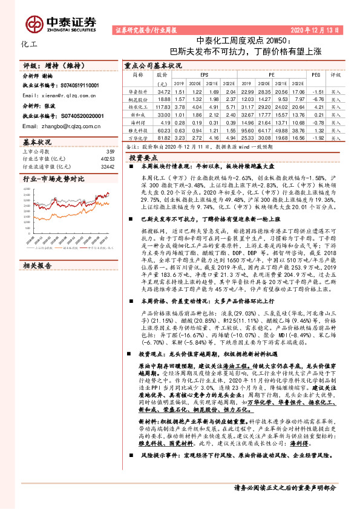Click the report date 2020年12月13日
point(316,28)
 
